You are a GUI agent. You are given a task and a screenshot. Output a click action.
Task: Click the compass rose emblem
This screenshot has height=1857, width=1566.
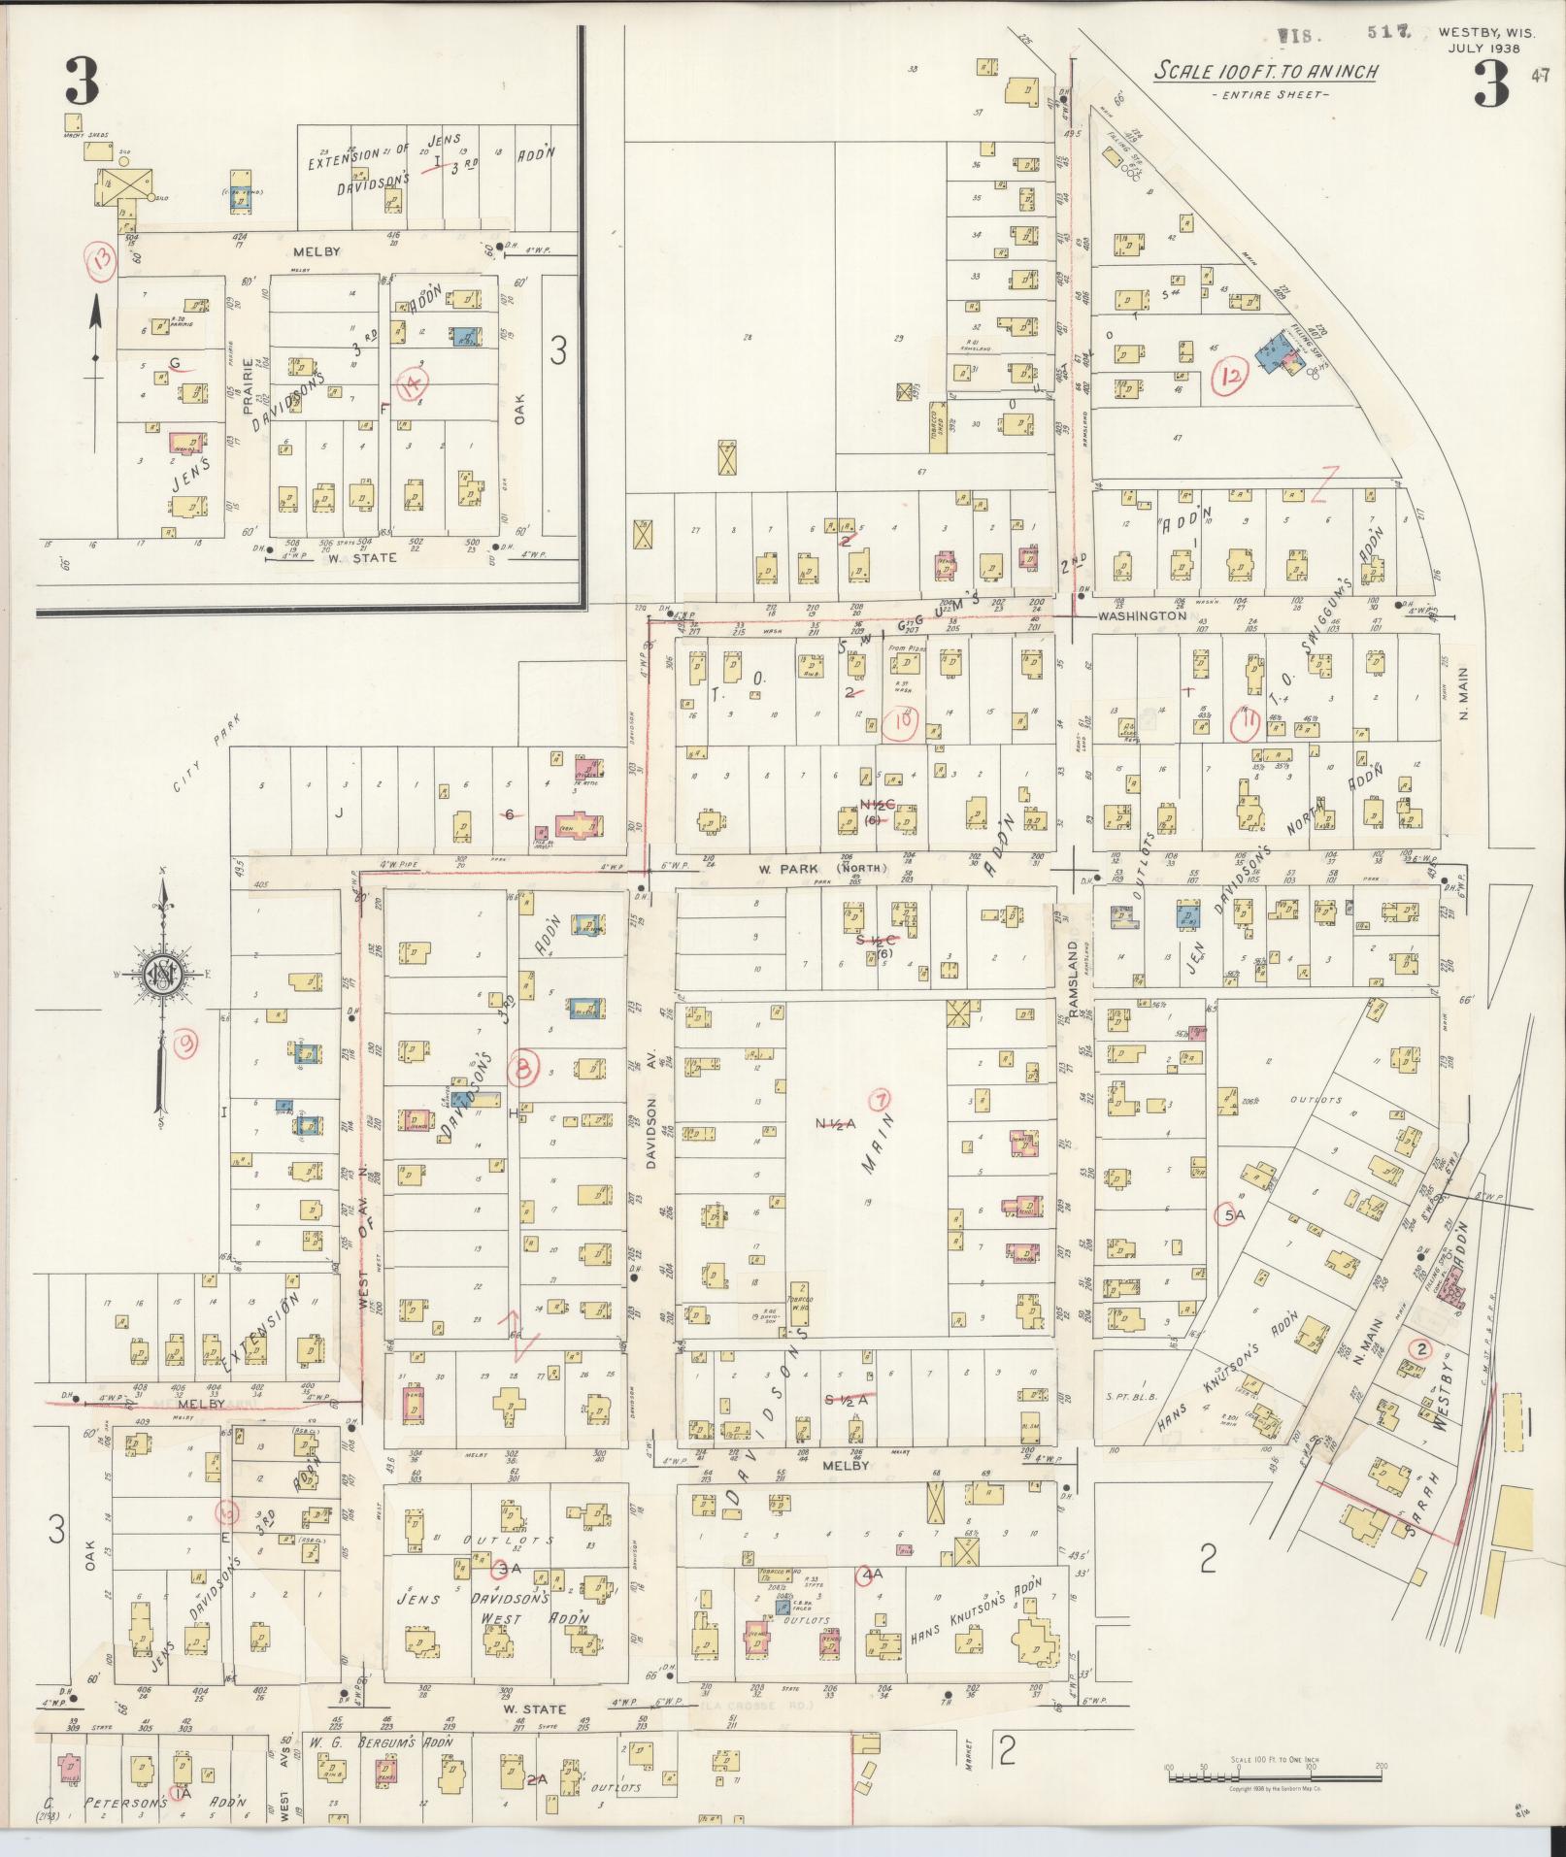click(164, 975)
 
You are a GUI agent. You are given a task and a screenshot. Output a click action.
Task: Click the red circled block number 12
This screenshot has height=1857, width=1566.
click(1232, 378)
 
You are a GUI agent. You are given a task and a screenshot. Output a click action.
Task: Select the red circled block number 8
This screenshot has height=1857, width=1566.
click(524, 1069)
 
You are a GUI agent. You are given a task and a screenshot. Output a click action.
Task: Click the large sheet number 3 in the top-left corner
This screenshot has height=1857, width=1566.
click(82, 82)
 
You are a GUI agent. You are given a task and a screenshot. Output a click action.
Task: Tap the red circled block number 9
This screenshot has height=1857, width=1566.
click(183, 1044)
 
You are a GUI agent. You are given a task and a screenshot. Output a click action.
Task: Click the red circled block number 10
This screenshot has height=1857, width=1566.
click(902, 721)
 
